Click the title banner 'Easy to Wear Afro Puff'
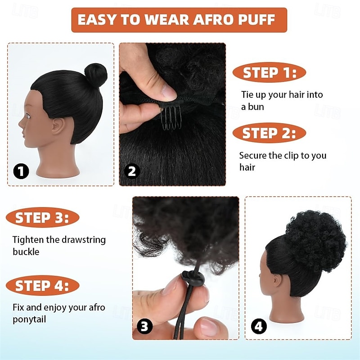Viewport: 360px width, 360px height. coord(179,20)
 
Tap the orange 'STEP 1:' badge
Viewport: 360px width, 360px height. coord(270,72)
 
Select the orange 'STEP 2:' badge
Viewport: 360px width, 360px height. coord(269,133)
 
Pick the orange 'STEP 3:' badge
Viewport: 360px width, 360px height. coord(42,218)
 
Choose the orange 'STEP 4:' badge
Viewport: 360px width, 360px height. coord(42,285)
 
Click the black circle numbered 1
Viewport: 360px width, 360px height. coord(21,171)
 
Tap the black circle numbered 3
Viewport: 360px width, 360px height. coord(144,326)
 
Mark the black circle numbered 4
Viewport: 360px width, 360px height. coord(258,326)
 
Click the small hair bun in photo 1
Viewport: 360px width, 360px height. coord(95,75)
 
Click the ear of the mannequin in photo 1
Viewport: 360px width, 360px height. coord(58,126)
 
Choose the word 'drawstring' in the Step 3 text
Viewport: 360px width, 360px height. coord(83,240)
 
